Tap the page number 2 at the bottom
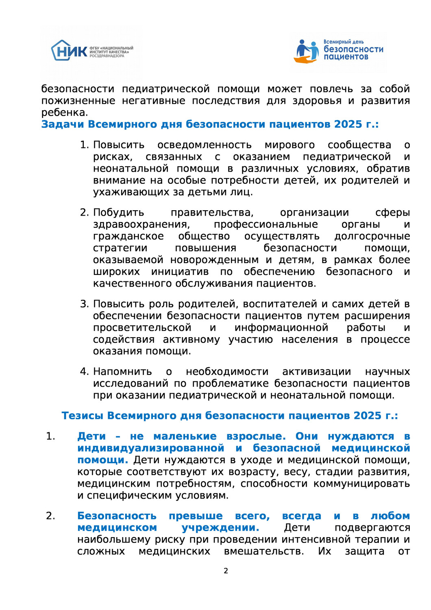(x=226, y=571)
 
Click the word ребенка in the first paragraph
(x=64, y=113)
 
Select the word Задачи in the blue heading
(x=63, y=124)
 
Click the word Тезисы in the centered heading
(x=83, y=416)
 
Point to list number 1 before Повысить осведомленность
(x=84, y=145)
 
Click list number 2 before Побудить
(x=84, y=213)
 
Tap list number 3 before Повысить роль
(x=84, y=304)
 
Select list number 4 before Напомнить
(x=84, y=372)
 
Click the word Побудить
(x=118, y=213)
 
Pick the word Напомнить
(x=122, y=372)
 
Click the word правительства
(x=212, y=213)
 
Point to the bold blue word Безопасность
(x=117, y=516)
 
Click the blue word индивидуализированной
(x=151, y=448)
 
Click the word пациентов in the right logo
(x=346, y=57)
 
